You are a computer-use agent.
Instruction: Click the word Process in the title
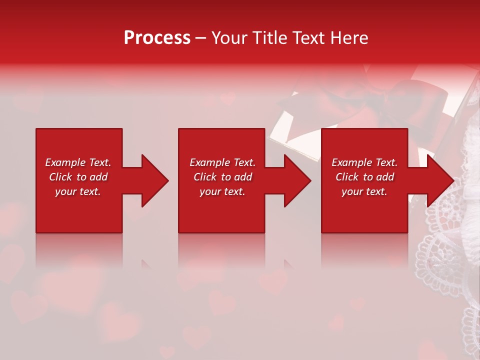pyautogui.click(x=157, y=38)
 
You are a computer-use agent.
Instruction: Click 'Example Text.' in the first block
pyautogui.click(x=78, y=162)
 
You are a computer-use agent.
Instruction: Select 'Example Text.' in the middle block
pyautogui.click(x=222, y=162)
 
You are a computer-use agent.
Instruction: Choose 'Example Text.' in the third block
pyautogui.click(x=364, y=162)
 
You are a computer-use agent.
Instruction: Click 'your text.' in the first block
pyautogui.click(x=78, y=191)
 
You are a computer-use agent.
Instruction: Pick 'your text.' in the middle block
pyautogui.click(x=222, y=191)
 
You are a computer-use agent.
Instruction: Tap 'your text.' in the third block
pyautogui.click(x=364, y=191)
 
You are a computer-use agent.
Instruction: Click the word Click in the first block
pyautogui.click(x=61, y=177)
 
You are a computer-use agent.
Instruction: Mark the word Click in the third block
pyautogui.click(x=347, y=177)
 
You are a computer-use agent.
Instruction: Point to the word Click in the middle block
pyautogui.click(x=205, y=177)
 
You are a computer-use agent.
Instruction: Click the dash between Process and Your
pyautogui.click(x=200, y=38)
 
